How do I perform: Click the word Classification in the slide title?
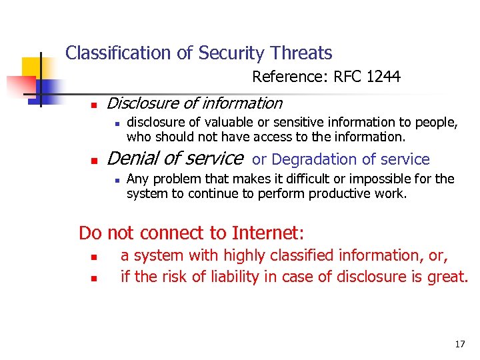[110, 53]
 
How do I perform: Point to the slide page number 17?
[460, 344]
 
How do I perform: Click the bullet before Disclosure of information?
[95, 105]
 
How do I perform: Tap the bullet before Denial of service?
[95, 161]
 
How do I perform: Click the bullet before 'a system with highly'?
[95, 257]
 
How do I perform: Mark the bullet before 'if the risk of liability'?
[95, 277]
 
